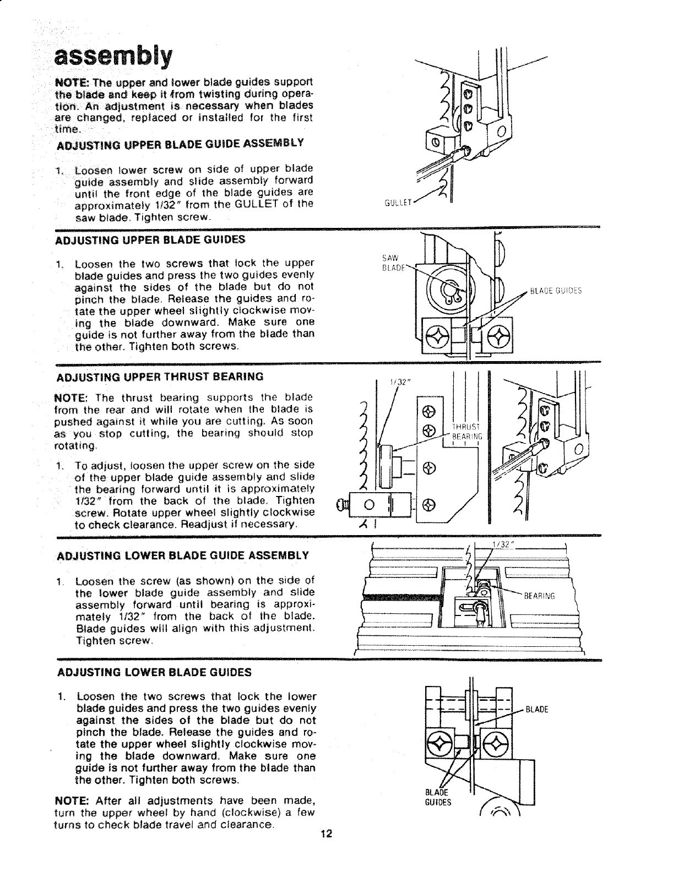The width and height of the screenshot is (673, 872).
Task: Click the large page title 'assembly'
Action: click(113, 55)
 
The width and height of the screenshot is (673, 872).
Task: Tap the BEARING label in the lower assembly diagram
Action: click(539, 595)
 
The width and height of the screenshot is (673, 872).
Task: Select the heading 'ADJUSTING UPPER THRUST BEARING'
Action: click(160, 377)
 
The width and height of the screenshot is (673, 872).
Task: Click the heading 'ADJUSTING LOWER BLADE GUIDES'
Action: click(154, 672)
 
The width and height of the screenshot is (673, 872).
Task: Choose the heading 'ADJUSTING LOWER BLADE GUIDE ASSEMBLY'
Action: click(182, 554)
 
